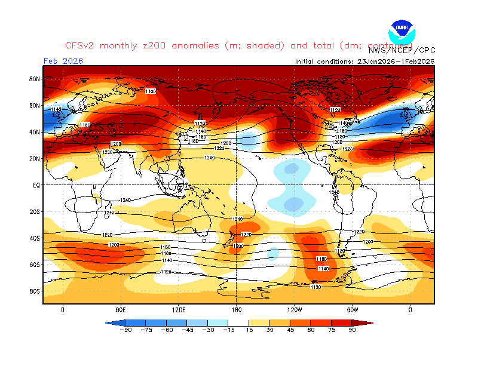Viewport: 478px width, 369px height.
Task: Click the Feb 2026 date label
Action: point(63,61)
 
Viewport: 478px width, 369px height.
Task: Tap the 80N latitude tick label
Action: point(34,79)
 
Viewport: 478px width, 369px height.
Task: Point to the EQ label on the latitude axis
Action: point(36,185)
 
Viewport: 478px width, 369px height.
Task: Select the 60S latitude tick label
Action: point(34,265)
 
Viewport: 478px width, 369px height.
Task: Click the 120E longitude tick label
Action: point(179,310)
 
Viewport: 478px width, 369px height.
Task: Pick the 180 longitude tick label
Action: point(237,310)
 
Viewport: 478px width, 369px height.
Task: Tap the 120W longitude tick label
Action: point(294,310)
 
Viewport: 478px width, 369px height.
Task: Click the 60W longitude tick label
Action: point(353,310)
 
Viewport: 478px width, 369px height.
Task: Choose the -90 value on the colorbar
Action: point(125,329)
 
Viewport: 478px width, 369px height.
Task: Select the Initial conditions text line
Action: point(364,61)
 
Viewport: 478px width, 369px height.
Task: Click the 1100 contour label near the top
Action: point(151,91)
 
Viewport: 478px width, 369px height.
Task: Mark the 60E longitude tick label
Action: point(121,310)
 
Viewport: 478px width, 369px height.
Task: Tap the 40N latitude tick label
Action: point(34,132)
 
